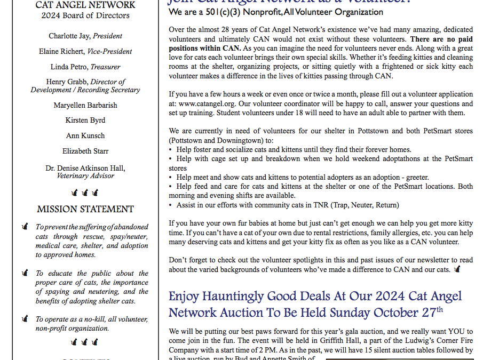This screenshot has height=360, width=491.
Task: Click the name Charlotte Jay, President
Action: (x=85, y=36)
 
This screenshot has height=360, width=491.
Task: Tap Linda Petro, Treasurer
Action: (x=85, y=67)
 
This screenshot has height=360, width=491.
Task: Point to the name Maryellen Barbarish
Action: (x=85, y=105)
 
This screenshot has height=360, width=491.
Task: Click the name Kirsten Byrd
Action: (x=85, y=121)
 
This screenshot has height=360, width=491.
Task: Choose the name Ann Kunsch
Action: (x=85, y=136)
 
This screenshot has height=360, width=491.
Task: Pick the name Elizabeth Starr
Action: (x=85, y=151)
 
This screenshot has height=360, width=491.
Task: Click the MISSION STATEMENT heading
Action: (x=85, y=209)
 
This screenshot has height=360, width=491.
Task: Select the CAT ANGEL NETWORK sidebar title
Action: (x=85, y=5)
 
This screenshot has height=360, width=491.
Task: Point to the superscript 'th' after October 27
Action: (x=440, y=309)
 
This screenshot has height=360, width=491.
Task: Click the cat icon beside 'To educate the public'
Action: (x=25, y=273)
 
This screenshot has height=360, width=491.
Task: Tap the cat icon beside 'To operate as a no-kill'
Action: (x=25, y=319)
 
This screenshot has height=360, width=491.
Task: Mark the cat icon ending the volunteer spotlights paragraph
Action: (x=457, y=269)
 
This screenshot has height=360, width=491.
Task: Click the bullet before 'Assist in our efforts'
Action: (x=170, y=205)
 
